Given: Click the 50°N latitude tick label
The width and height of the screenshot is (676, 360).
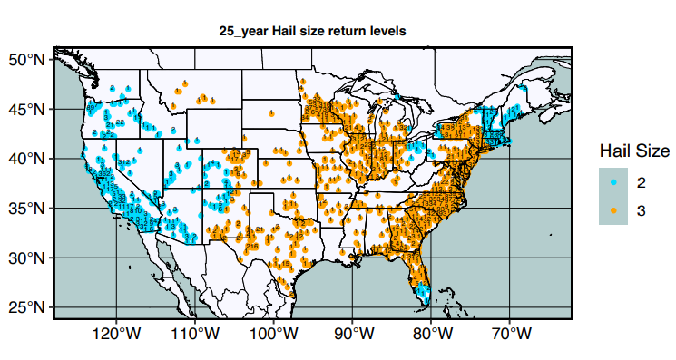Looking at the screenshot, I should click(26, 60).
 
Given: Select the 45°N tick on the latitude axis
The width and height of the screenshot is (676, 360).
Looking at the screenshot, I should click(26, 109).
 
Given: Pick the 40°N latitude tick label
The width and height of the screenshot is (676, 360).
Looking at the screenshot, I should click(26, 159).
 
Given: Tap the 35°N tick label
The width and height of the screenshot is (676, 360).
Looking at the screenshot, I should click(26, 209).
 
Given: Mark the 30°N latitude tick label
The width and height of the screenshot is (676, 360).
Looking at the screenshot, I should click(26, 258).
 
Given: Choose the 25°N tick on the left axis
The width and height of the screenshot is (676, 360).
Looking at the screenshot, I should click(26, 307).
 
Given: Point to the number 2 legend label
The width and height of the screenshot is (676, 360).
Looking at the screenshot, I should click(642, 182).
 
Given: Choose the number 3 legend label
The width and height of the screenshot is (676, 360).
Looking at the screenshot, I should click(642, 209).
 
